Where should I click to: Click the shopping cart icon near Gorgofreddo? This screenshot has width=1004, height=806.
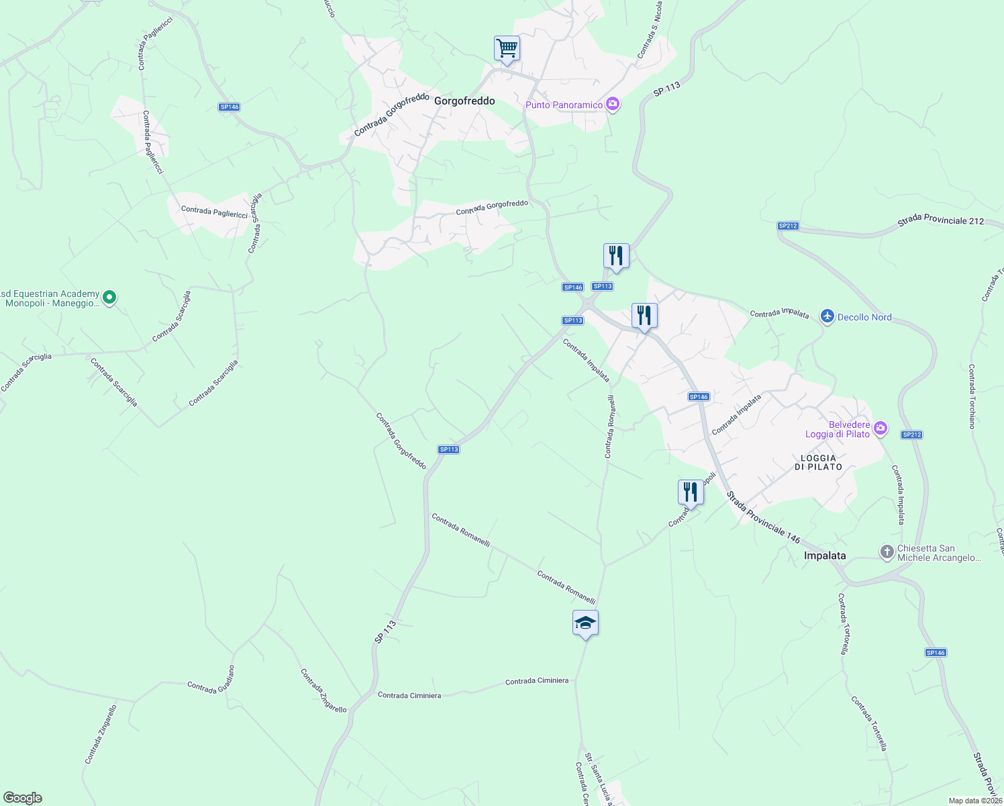pyautogui.click(x=507, y=48)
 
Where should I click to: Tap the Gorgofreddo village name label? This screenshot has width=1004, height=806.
pyautogui.click(x=464, y=101)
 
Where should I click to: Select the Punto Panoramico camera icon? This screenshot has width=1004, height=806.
pyautogui.click(x=612, y=104)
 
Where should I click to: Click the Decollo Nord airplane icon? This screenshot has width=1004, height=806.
pyautogui.click(x=827, y=316)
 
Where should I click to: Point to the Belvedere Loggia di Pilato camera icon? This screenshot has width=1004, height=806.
pyautogui.click(x=881, y=428)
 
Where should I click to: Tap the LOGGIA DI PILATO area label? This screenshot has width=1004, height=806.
pyautogui.click(x=818, y=462)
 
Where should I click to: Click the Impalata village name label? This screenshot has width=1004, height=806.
pyautogui.click(x=825, y=555)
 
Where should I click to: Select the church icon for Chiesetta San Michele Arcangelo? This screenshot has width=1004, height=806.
pyautogui.click(x=887, y=552)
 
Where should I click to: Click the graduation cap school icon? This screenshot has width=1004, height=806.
pyautogui.click(x=585, y=623)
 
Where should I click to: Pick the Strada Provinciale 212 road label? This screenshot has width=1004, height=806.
pyautogui.click(x=940, y=220)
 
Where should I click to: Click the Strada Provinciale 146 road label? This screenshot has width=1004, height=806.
pyautogui.click(x=763, y=518)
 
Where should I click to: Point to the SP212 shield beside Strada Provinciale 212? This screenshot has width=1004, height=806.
pyautogui.click(x=788, y=226)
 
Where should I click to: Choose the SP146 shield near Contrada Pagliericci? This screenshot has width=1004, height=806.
pyautogui.click(x=229, y=107)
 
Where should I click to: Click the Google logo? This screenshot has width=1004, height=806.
pyautogui.click(x=22, y=798)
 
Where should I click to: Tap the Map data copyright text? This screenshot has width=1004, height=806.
pyautogui.click(x=974, y=801)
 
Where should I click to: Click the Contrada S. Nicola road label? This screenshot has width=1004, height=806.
pyautogui.click(x=650, y=30)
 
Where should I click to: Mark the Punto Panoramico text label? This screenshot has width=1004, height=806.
pyautogui.click(x=564, y=105)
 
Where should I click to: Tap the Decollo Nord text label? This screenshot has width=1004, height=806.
pyautogui.click(x=864, y=317)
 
